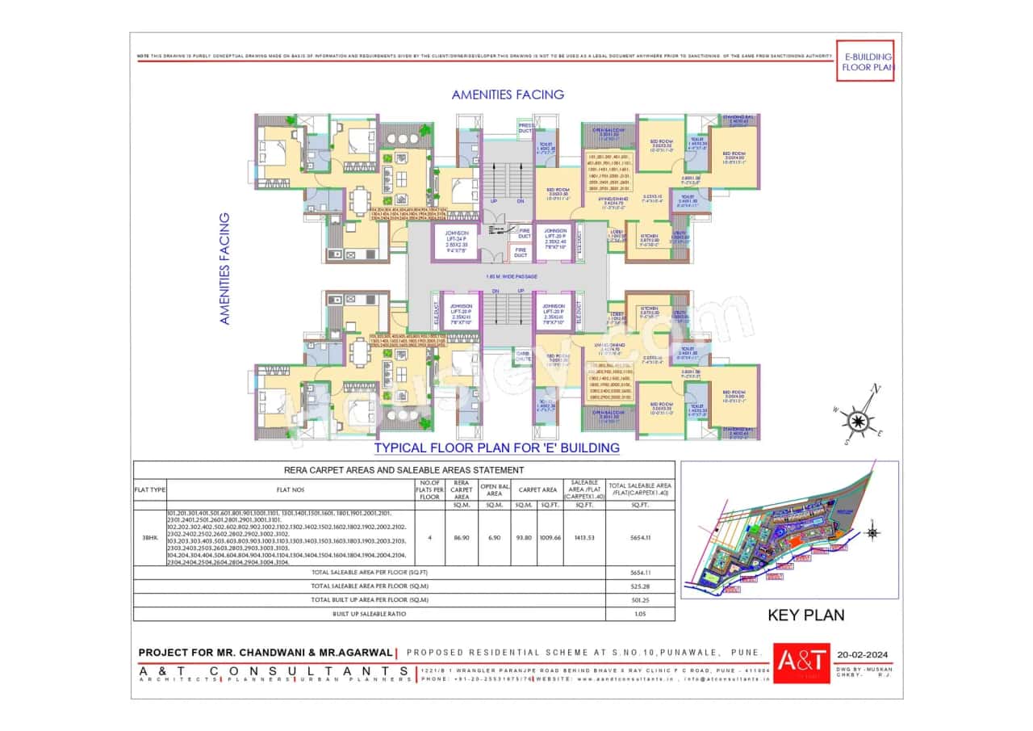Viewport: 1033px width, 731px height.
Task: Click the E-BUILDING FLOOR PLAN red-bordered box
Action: tap(864, 61)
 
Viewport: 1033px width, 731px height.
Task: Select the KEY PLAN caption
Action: tap(805, 615)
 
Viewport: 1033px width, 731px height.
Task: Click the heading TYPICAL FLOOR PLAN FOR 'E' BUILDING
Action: tap(496, 447)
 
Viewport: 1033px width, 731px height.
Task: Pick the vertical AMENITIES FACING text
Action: tap(225, 268)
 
